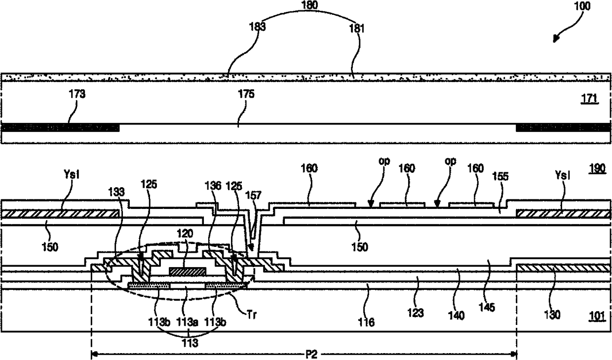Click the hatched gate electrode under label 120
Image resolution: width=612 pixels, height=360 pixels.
coord(187,271)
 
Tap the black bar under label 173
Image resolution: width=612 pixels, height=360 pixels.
coord(60,128)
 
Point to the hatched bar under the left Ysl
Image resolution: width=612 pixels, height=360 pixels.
coord(60,213)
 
